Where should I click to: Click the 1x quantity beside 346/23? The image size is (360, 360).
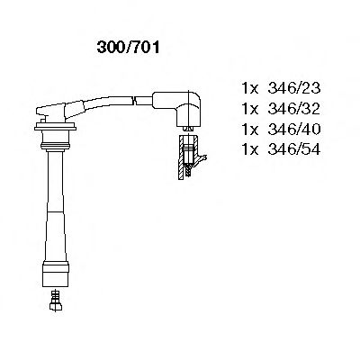tap(250, 88)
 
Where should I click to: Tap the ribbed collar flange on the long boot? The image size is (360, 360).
tap(56, 139)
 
